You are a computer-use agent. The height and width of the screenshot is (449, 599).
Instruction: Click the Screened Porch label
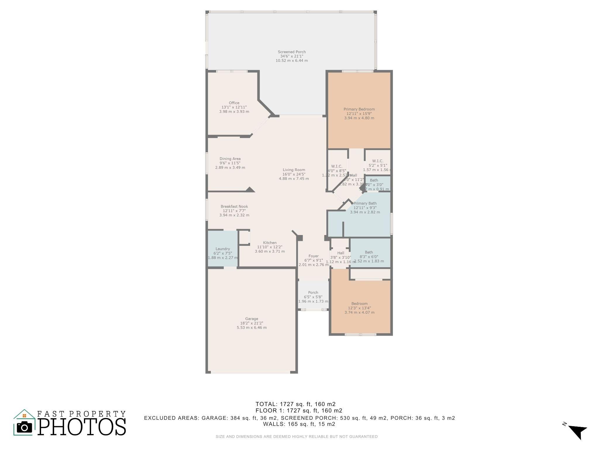tap(292, 52)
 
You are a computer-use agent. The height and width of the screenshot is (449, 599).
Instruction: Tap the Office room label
tap(234, 103)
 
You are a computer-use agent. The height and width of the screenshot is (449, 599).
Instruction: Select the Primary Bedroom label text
tap(359, 109)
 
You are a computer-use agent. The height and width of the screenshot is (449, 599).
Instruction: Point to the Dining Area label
tap(230, 159)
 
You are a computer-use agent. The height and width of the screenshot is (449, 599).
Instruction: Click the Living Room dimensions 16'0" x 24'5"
tap(294, 174)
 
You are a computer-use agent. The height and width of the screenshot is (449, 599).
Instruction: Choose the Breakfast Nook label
tap(234, 207)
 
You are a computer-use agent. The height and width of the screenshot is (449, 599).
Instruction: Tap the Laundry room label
tap(223, 249)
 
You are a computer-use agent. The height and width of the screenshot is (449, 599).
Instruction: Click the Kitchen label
tap(269, 243)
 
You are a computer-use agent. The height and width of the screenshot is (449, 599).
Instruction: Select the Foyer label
tap(313, 256)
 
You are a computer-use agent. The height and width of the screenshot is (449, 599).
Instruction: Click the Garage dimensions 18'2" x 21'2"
tap(252, 323)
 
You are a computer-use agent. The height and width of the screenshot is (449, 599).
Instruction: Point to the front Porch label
tap(313, 293)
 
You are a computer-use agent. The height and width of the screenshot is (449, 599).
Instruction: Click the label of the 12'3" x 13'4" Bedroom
tap(359, 304)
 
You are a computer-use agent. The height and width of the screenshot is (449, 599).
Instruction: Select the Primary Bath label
tap(365, 203)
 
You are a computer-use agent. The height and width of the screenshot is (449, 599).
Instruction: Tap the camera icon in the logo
tap(24, 427)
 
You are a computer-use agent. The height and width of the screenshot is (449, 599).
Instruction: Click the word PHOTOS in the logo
tap(82, 427)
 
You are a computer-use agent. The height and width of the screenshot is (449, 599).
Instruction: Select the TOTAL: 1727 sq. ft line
tap(295, 404)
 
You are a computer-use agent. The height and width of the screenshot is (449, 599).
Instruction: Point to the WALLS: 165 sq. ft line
tap(299, 424)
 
